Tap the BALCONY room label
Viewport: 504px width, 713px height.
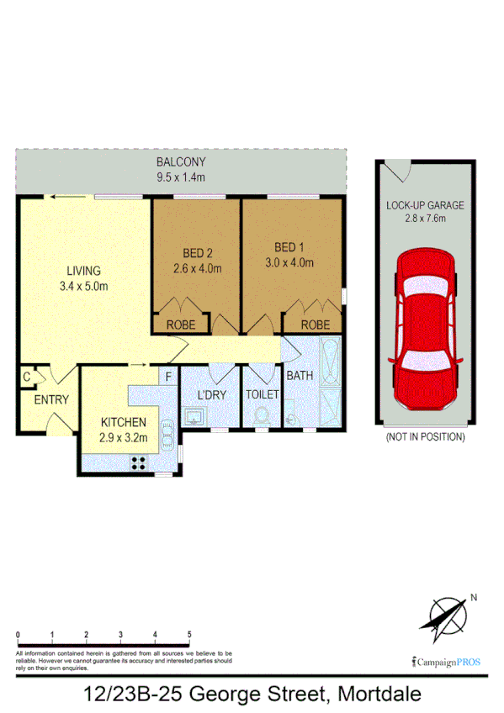tap(181, 162)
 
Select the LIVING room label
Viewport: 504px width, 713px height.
tap(84, 271)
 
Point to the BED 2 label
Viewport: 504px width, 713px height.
tap(196, 251)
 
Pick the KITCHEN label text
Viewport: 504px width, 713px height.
tap(124, 422)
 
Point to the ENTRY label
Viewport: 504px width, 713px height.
tap(51, 399)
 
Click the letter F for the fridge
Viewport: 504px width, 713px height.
tap(168, 377)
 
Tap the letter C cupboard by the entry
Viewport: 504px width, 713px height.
tap(27, 378)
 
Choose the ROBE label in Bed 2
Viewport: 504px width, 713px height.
tap(180, 325)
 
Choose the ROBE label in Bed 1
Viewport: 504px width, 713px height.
tap(316, 325)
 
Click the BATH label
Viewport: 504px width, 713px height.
tap(300, 375)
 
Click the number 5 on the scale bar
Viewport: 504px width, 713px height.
tap(189, 634)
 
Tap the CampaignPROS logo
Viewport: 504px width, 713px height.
tap(446, 661)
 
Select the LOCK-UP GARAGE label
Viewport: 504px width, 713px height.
tap(425, 205)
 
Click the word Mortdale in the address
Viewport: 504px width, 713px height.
tap(379, 695)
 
